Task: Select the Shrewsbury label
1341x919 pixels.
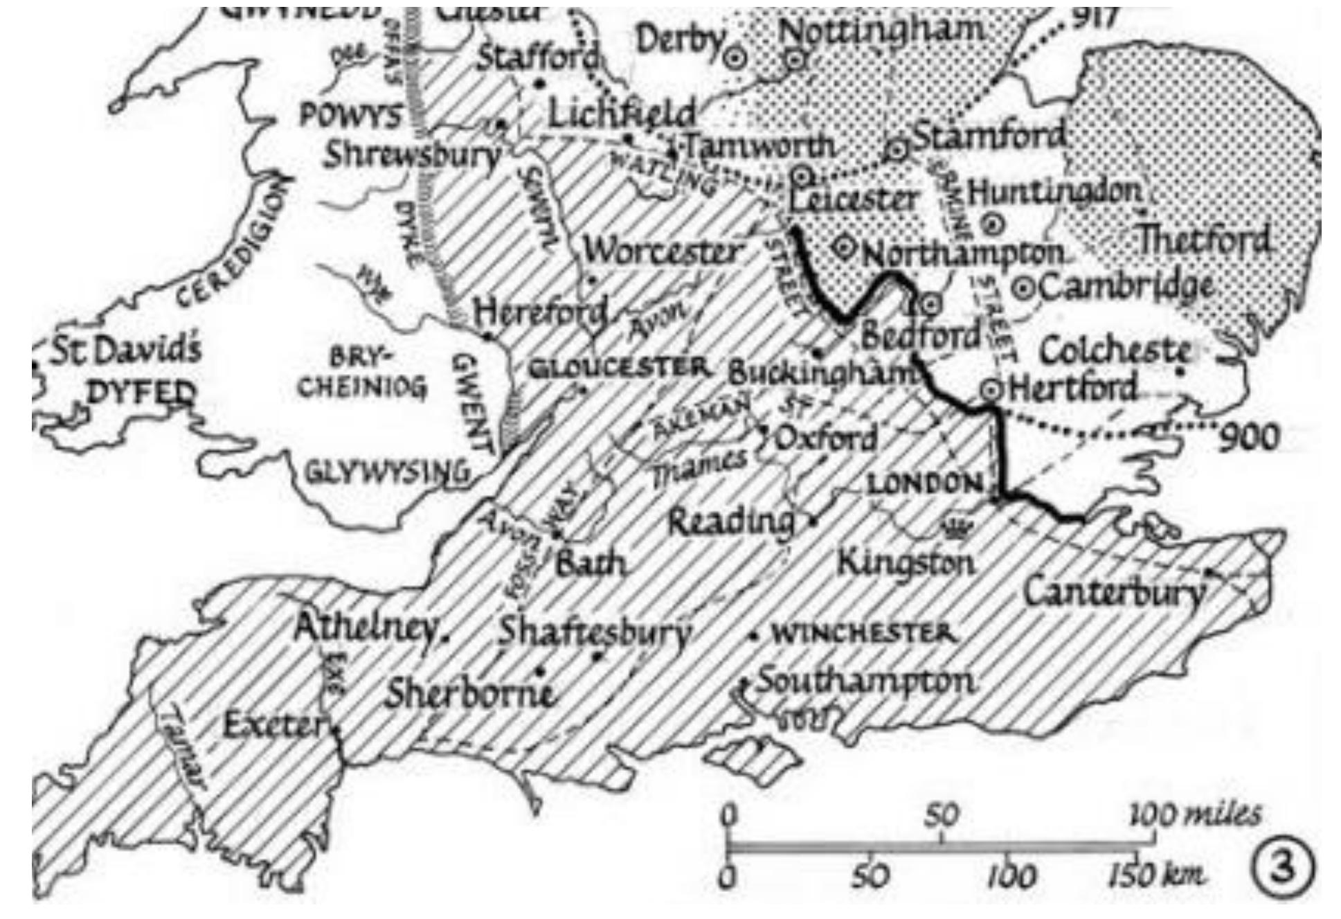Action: click(412, 155)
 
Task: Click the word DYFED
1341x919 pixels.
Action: click(141, 393)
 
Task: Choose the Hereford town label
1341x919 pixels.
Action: click(540, 313)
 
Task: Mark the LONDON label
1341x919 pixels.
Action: click(925, 484)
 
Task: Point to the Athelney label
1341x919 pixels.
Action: click(367, 628)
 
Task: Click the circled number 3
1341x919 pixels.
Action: click(1281, 868)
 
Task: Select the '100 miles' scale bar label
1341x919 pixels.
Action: click(1194, 815)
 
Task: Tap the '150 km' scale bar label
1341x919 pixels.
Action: click(1155, 877)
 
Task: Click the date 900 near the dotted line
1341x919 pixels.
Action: click(1248, 438)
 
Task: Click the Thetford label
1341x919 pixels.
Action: click(1204, 240)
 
